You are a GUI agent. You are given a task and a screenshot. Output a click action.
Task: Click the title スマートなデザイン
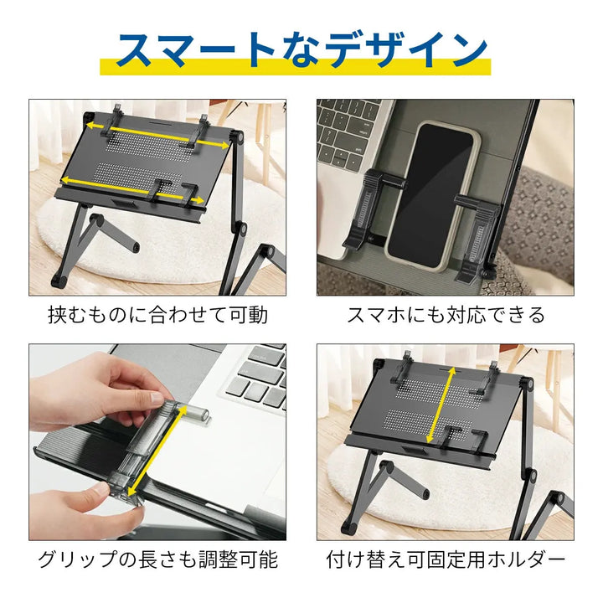[301, 50]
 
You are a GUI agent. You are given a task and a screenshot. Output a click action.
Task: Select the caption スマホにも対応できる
[446, 315]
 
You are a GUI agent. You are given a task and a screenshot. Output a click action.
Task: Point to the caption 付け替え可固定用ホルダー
[446, 559]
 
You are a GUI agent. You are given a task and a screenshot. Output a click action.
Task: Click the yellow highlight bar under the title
[301, 66]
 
